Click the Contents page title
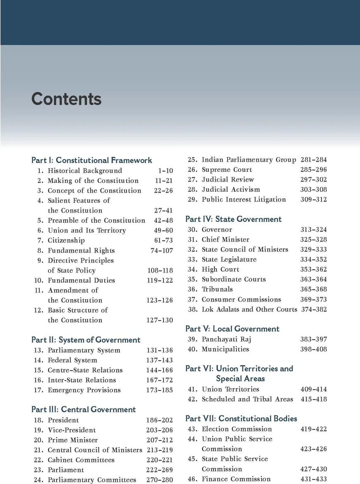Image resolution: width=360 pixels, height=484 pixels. [x=66, y=99]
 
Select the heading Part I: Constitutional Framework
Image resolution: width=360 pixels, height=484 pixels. [x=92, y=160]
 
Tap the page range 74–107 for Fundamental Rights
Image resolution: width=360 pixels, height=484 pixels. [x=162, y=250]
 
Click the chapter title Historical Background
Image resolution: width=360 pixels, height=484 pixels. [x=85, y=170]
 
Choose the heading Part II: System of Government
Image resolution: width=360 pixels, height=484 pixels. [x=86, y=340]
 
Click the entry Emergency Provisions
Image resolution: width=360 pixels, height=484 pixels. [x=84, y=390]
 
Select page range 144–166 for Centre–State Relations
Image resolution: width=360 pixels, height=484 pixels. [x=159, y=370]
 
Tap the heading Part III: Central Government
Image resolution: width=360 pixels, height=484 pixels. [x=84, y=409]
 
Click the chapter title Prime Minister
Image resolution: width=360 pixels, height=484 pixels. [x=73, y=440]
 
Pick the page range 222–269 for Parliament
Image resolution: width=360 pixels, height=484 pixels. [x=159, y=470]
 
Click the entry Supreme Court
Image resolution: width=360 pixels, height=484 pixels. [x=227, y=170]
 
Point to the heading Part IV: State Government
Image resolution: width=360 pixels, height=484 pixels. [x=233, y=219]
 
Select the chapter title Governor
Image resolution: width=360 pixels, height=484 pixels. [x=217, y=230]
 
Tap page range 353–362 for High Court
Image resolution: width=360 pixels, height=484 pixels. [x=313, y=269]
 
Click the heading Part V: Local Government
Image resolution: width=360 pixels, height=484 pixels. [x=233, y=329]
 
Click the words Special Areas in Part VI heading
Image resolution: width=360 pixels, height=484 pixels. [x=240, y=379]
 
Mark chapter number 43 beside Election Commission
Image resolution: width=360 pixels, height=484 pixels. [x=192, y=429]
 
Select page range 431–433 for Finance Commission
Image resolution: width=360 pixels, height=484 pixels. [x=313, y=479]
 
